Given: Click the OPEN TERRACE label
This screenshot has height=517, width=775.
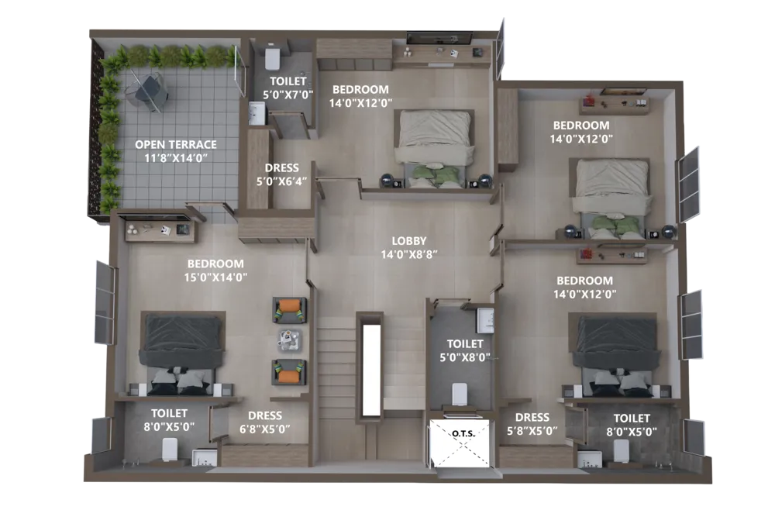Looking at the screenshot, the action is [176, 144].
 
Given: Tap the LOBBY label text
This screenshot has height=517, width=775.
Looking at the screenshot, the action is [408, 241].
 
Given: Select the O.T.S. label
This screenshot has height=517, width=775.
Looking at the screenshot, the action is [463, 433].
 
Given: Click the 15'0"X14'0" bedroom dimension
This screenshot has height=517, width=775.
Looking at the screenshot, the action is [215, 277].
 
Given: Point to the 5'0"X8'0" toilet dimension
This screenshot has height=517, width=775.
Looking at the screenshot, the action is [465, 357].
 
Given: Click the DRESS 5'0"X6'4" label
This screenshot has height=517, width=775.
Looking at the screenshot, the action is [281, 174].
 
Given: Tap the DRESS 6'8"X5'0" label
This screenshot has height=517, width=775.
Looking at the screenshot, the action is [265, 422].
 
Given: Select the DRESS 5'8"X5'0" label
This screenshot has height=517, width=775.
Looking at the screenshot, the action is [532, 424].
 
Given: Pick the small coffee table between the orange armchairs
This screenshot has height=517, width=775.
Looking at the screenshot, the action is [289, 340].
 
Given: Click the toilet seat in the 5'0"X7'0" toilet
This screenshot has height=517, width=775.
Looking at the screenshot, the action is [273, 57].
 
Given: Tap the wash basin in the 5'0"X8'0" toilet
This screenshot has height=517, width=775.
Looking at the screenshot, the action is [485, 320].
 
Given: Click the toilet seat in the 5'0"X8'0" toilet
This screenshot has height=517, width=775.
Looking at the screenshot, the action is [460, 393].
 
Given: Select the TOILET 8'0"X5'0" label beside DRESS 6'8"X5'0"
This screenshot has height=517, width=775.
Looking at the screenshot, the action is [169, 419].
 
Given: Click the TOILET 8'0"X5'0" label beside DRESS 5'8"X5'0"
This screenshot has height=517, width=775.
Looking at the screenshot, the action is [632, 425].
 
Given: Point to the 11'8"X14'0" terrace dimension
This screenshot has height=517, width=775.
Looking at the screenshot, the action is [176, 157].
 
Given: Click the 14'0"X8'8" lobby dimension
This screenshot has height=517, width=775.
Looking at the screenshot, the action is [409, 254].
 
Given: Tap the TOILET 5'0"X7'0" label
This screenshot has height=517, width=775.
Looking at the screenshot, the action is [288, 88].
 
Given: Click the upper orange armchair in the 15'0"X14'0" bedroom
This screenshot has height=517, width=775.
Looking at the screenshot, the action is [290, 310].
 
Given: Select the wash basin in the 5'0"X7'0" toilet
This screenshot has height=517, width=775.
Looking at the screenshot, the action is [257, 114].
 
